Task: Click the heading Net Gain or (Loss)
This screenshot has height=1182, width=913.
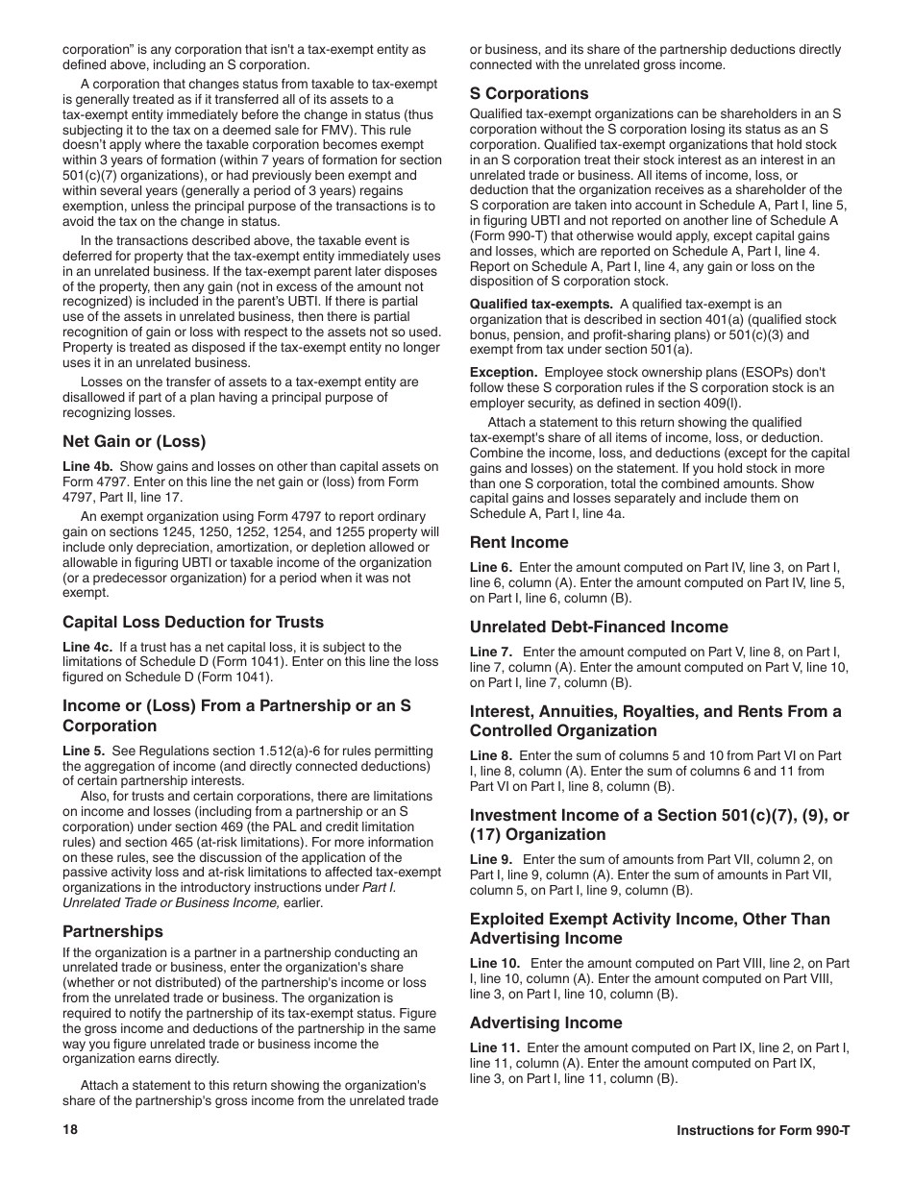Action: [135, 442]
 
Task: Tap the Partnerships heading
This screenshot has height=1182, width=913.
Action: [112, 931]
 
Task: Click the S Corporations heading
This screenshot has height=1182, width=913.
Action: [529, 93]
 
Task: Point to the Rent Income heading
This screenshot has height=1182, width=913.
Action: [519, 542]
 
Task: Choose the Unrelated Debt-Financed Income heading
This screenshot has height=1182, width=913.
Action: [599, 627]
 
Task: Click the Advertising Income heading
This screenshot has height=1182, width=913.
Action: [546, 1022]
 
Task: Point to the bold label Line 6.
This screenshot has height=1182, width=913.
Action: [491, 568]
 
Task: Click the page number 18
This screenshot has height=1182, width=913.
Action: [70, 1130]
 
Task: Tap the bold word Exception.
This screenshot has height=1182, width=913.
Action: [503, 373]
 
